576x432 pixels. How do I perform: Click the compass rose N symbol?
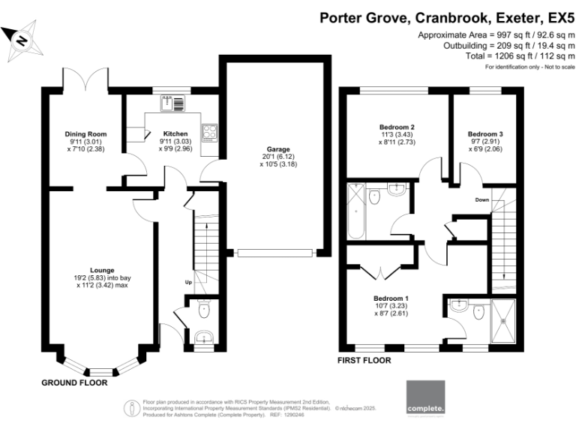point(22,40)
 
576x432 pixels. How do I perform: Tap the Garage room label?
point(278,149)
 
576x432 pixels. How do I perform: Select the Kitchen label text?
point(175,133)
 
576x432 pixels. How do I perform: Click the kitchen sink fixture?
point(172,103)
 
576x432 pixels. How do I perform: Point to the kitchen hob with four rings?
point(210,133)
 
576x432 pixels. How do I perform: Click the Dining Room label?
point(85,134)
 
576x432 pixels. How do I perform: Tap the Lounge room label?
point(102,270)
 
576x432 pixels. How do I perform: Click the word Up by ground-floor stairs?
point(188,282)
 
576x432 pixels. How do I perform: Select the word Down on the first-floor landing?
point(482,199)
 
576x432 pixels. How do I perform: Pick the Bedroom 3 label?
point(485,134)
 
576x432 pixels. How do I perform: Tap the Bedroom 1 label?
point(391,298)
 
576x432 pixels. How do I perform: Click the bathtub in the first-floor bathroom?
point(355,211)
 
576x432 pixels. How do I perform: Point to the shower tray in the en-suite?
point(503,321)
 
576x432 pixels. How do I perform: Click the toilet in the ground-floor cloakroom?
point(204,309)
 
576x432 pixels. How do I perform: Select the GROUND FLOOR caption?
point(74,382)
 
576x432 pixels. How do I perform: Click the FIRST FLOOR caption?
point(364,360)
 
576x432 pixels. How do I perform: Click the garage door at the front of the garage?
point(275,253)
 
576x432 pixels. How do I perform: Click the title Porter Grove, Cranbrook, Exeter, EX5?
point(447,18)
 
